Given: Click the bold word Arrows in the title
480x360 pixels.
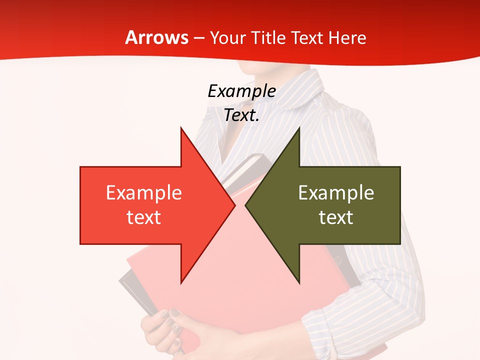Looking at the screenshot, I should (157, 38).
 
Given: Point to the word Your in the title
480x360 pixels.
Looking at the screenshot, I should (226, 38).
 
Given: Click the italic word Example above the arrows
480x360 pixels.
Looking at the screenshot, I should (241, 91).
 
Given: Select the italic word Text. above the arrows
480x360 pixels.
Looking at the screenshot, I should (241, 115).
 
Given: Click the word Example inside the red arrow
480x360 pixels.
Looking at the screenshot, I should (144, 192).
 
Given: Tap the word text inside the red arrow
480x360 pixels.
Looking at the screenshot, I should (144, 217).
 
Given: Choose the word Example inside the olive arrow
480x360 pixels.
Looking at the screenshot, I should (336, 192).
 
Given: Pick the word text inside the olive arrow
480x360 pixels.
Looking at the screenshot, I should (336, 217).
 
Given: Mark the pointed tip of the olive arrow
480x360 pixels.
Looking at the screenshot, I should (246, 205).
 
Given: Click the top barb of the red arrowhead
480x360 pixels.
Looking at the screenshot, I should (181, 130).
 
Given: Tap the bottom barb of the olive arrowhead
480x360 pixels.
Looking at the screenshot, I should (298, 281).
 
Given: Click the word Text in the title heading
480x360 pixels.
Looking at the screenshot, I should (306, 38).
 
